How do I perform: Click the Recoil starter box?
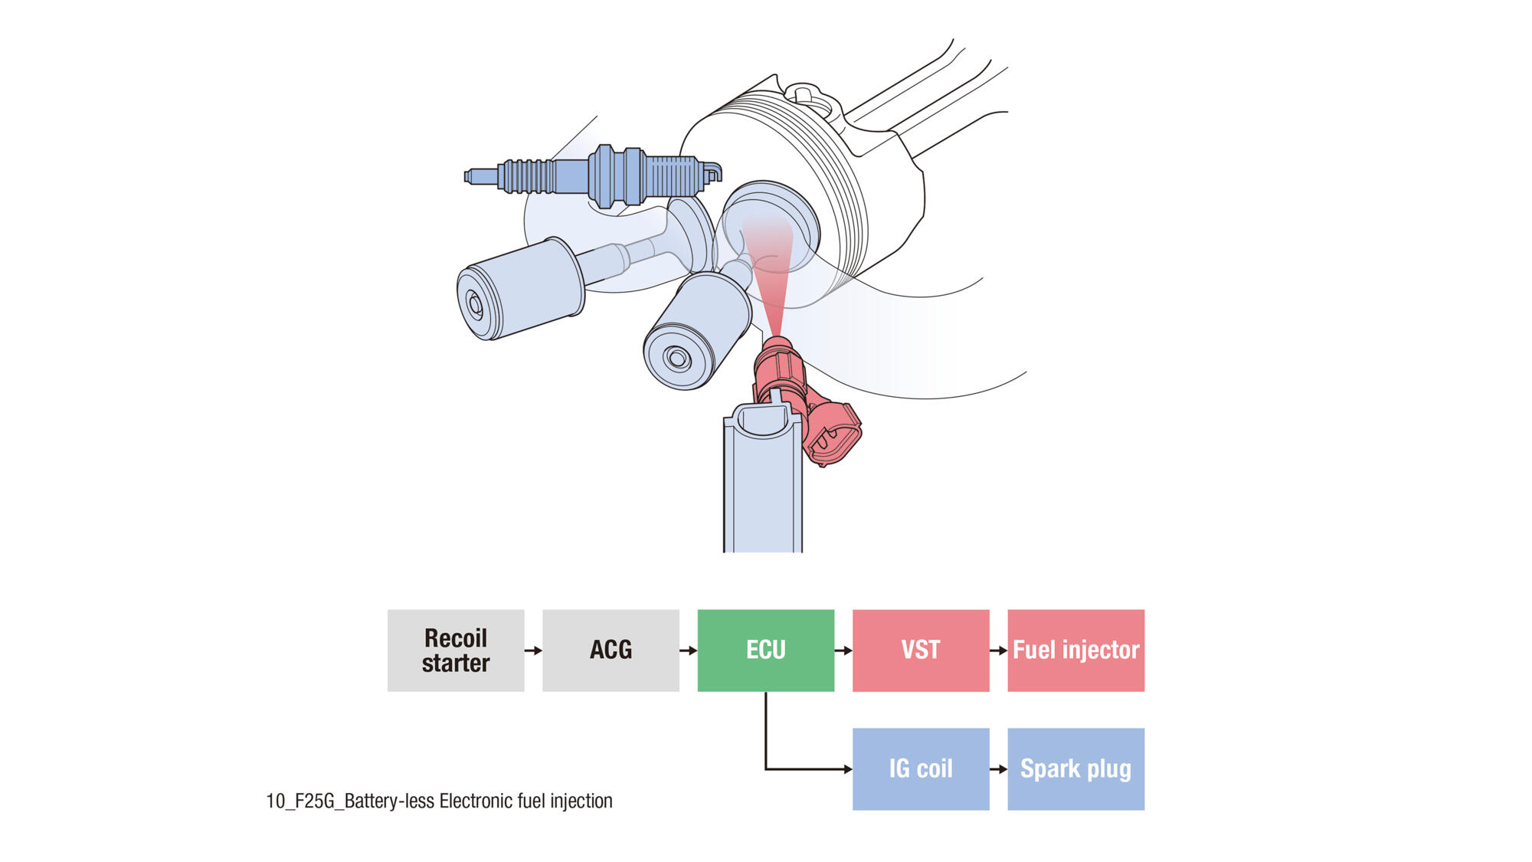tap(456, 651)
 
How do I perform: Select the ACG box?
tap(611, 651)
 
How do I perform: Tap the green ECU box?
tap(765, 651)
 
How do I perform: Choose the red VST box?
tap(921, 651)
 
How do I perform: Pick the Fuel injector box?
tap(1075, 651)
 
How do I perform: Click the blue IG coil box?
tap(921, 769)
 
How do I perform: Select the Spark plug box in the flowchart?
tap(1075, 769)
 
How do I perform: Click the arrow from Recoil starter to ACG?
tap(533, 651)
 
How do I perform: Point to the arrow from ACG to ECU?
tap(688, 651)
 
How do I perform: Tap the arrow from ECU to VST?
tap(843, 651)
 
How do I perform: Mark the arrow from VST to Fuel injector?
tap(998, 651)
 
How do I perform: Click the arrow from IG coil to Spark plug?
tap(998, 769)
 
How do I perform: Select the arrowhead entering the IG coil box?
tap(847, 769)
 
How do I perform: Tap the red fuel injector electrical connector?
tap(833, 433)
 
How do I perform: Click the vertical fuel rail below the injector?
tap(763, 490)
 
